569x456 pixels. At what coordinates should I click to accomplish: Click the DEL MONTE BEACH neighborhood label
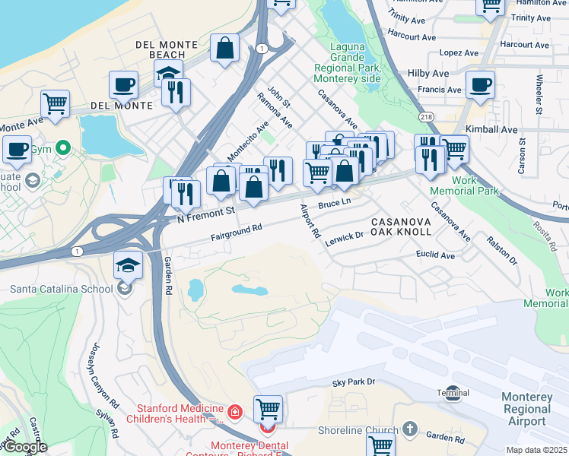point(161,49)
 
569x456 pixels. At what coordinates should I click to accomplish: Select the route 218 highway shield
point(426,116)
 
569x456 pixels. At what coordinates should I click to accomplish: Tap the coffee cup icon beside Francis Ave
point(480,85)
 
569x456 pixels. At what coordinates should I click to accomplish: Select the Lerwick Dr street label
point(345,238)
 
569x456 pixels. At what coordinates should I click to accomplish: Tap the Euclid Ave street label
point(435,255)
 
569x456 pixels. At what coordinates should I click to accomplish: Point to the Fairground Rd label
point(237,232)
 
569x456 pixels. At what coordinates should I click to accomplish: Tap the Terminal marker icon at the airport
point(453,393)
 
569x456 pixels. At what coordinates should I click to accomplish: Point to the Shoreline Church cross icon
point(411,429)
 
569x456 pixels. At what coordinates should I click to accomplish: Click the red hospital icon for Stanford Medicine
point(235,413)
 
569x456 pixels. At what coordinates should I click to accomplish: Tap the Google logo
point(25,448)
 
